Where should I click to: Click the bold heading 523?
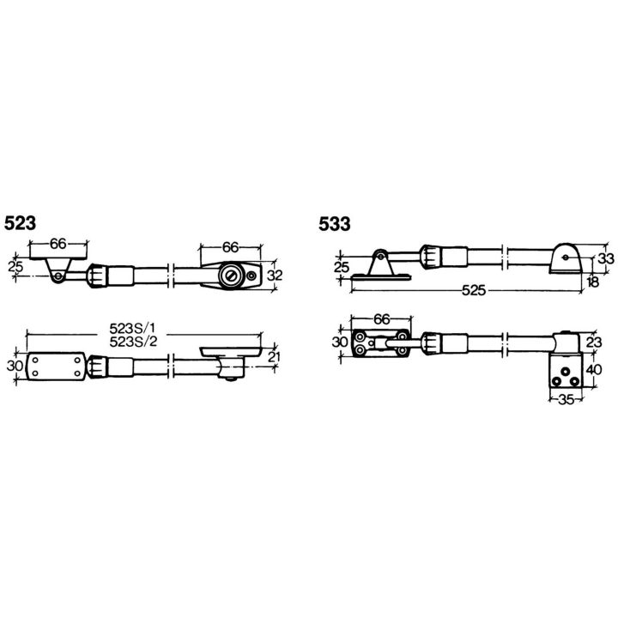(20, 223)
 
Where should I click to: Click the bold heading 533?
(334, 224)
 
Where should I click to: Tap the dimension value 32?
(275, 276)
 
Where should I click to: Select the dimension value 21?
(273, 357)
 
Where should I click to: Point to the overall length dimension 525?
(473, 290)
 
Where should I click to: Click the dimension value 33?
(606, 258)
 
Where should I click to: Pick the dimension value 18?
(592, 282)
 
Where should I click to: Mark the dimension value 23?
(594, 342)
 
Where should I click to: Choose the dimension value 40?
(594, 370)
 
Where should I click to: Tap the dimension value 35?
(566, 400)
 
